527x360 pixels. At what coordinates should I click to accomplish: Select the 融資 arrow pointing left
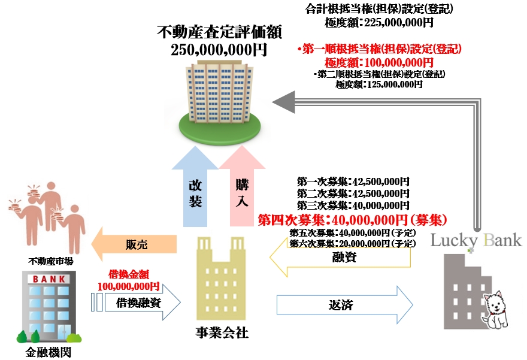pyautogui.click(x=341, y=258)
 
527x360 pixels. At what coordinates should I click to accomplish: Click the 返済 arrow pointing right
pyautogui.click(x=344, y=304)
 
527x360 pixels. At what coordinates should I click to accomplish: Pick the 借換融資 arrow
pyautogui.click(x=141, y=303)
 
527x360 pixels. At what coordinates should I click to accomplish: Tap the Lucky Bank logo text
pyautogui.click(x=476, y=241)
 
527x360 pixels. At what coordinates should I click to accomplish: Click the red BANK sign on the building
pyautogui.click(x=49, y=279)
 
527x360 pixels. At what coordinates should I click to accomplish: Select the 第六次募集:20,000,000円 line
pyautogui.click(x=352, y=243)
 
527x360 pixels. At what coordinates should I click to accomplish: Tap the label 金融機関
pyautogui.click(x=49, y=352)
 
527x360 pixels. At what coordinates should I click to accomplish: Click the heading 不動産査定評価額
pyautogui.click(x=219, y=31)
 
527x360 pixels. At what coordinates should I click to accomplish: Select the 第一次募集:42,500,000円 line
pyautogui.click(x=353, y=181)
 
